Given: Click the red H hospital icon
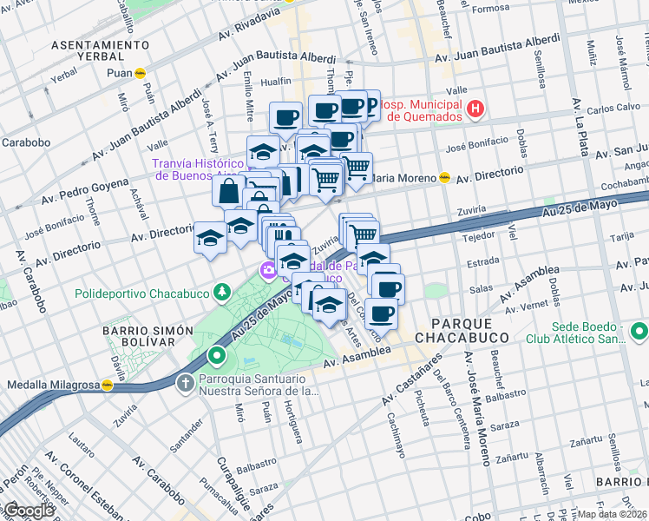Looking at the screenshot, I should (475, 109).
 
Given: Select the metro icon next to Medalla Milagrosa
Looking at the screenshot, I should (108, 385).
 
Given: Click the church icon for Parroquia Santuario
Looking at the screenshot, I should (185, 382).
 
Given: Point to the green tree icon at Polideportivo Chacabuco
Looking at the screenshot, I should (222, 293).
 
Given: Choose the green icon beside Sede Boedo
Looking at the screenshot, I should (639, 331).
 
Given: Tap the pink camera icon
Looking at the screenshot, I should (268, 271).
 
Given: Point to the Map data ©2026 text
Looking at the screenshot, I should (613, 514).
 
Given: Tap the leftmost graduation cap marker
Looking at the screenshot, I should (209, 238).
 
